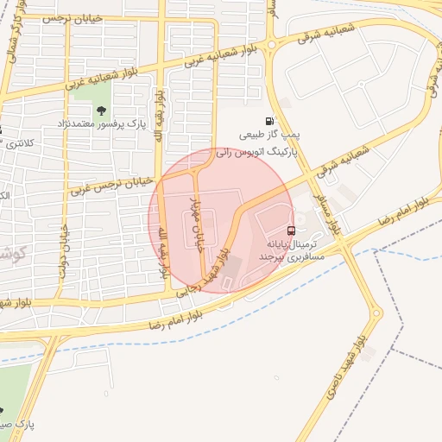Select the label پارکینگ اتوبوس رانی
[256, 150]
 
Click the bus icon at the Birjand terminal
[291, 231]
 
